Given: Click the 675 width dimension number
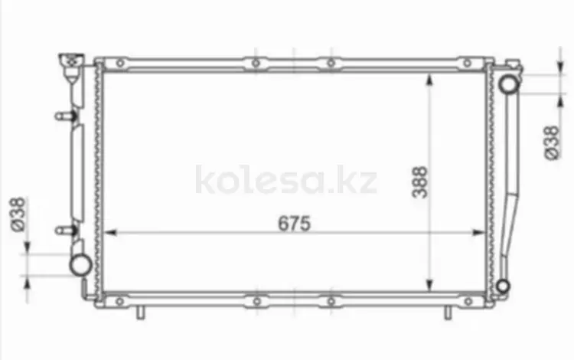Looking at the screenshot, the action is (x=294, y=223).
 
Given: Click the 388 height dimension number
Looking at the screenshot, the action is (x=419, y=182).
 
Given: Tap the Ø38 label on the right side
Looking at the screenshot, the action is (x=553, y=142).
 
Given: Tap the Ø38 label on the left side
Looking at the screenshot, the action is (x=18, y=214).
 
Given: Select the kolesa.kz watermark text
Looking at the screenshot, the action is (x=286, y=179).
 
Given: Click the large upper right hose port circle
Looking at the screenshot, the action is (x=508, y=83).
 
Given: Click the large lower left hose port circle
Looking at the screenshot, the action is (x=80, y=264).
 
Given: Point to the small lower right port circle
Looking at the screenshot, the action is (x=503, y=286).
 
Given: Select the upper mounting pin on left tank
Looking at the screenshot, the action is (x=66, y=116).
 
